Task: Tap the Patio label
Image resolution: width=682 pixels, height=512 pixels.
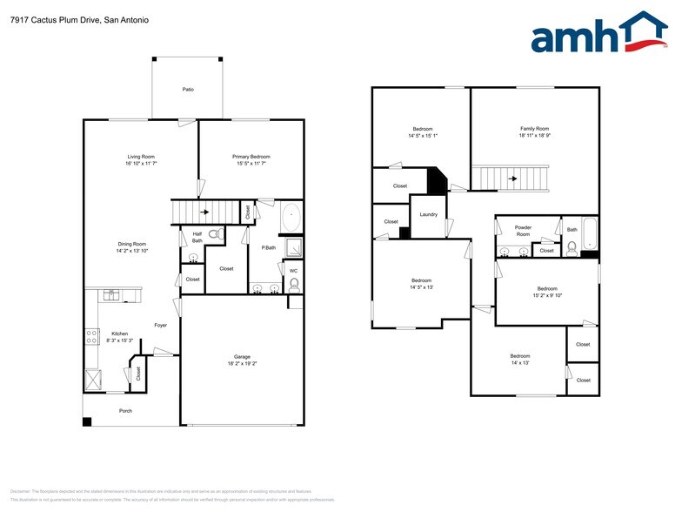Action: pyautogui.click(x=188, y=90)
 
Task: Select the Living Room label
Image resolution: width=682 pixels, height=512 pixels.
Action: pyautogui.click(x=141, y=157)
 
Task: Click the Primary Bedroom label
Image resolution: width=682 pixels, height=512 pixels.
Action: pyautogui.click(x=251, y=157)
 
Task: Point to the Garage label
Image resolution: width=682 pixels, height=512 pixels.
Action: pyautogui.click(x=242, y=357)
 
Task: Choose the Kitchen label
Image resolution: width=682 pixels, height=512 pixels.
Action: pyautogui.click(x=119, y=333)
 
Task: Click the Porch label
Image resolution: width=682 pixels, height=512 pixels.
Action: pyautogui.click(x=126, y=410)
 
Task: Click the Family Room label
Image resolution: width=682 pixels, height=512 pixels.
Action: pyautogui.click(x=534, y=129)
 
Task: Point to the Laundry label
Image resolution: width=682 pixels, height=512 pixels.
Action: pyautogui.click(x=428, y=214)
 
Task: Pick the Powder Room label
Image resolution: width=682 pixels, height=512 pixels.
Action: pyautogui.click(x=523, y=231)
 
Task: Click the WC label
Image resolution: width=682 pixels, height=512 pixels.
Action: pyautogui.click(x=293, y=271)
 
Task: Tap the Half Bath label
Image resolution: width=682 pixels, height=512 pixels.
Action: pyautogui.click(x=197, y=237)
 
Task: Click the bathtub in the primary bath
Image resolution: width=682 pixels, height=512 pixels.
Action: pyautogui.click(x=291, y=218)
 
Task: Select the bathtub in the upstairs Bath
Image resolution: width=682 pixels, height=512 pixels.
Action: pyautogui.click(x=589, y=233)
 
